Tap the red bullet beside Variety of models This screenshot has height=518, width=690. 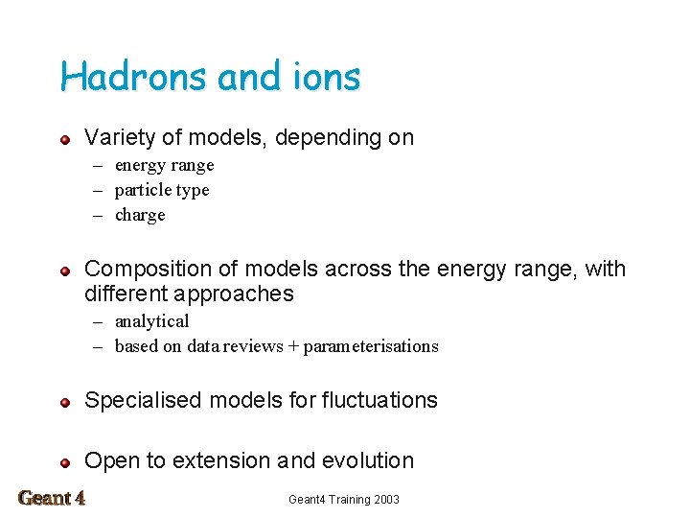(x=64, y=139)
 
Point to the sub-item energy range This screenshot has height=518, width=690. (x=164, y=165)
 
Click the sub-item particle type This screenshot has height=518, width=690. (x=162, y=190)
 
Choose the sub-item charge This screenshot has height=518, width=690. (x=140, y=215)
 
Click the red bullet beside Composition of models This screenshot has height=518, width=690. (x=64, y=271)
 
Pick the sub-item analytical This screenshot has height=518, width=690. (x=151, y=321)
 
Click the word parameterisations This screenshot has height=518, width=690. (x=371, y=346)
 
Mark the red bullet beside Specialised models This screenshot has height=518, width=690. (x=64, y=402)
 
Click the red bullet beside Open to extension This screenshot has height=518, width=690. (x=64, y=462)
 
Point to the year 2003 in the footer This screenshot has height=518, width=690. (x=385, y=500)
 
